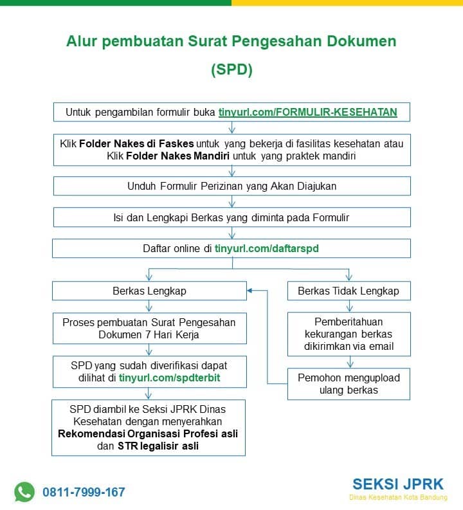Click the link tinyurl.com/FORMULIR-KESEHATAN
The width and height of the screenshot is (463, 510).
(x=307, y=112)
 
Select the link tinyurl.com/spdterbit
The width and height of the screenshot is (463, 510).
(x=170, y=378)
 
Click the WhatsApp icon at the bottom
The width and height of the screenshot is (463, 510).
(x=24, y=492)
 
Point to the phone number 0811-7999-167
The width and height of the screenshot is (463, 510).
(x=84, y=493)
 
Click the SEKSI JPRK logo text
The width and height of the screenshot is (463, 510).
(x=398, y=484)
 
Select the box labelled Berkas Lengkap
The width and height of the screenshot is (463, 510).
(x=149, y=291)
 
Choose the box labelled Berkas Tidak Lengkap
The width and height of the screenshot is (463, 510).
(x=348, y=291)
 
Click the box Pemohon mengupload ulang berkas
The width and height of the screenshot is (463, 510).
(x=348, y=384)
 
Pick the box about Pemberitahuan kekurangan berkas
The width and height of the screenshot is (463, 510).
(x=348, y=334)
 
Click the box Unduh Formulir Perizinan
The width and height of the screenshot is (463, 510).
(x=232, y=186)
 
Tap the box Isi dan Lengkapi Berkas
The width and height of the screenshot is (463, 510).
(x=232, y=217)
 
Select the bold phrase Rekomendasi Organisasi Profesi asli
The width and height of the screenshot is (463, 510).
(x=149, y=433)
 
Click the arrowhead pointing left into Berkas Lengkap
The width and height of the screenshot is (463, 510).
(x=251, y=291)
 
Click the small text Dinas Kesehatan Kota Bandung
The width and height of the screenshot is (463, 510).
(x=398, y=497)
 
